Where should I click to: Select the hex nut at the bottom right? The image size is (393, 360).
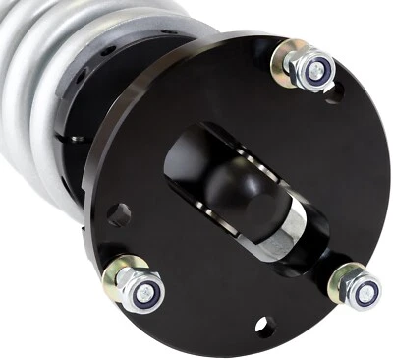tap(358, 285)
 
